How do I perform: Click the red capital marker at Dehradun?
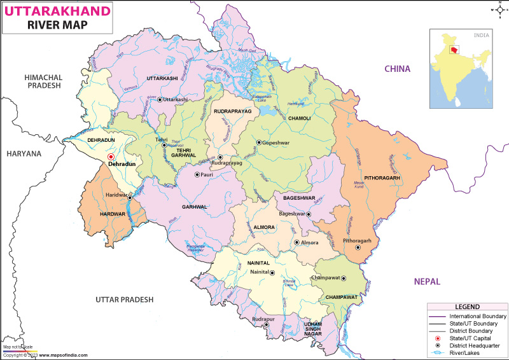(111, 156)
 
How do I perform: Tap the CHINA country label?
(396, 69)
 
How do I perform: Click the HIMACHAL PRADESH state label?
(43, 81)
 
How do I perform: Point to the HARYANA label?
(24, 153)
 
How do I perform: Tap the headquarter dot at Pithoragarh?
(359, 249)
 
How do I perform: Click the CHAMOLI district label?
(299, 118)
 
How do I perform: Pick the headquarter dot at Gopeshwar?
(259, 142)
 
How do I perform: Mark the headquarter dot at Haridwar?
(130, 197)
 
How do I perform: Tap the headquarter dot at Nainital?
(272, 273)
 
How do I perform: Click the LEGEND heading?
(467, 307)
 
